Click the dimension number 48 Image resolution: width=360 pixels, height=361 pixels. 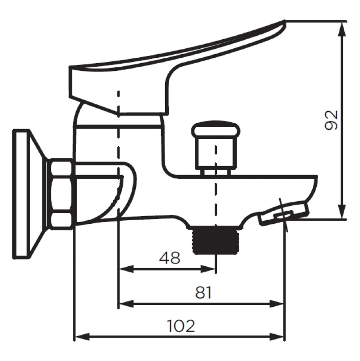(x=170, y=258)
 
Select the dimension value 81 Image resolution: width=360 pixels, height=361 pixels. (x=203, y=293)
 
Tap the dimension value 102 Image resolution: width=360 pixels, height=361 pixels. (x=181, y=326)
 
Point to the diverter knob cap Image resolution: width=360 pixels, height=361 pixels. (x=216, y=130)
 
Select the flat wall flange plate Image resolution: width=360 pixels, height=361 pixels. (x=21, y=194)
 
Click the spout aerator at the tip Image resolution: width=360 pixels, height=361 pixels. (x=284, y=212)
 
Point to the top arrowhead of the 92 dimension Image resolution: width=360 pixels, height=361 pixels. (x=343, y=29)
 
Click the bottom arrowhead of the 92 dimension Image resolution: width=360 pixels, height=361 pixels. (x=343, y=211)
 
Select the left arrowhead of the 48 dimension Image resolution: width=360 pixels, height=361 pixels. (x=126, y=268)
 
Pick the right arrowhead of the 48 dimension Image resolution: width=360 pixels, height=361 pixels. (x=208, y=268)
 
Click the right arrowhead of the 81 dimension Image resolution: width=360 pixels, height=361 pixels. (x=277, y=304)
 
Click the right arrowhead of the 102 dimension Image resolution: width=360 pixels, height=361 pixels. (x=277, y=337)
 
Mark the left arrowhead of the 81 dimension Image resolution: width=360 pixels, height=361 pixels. (x=126, y=304)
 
